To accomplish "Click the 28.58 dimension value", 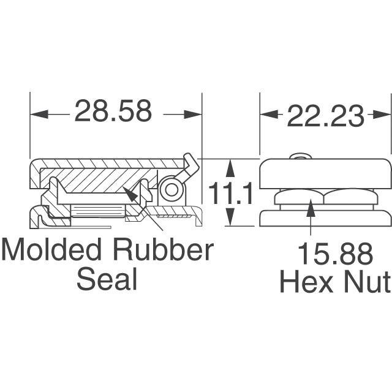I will [113, 113].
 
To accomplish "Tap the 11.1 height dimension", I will [231, 195].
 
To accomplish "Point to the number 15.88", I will [334, 254].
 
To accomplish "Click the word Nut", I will [369, 282].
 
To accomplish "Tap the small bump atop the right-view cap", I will [299, 157].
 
